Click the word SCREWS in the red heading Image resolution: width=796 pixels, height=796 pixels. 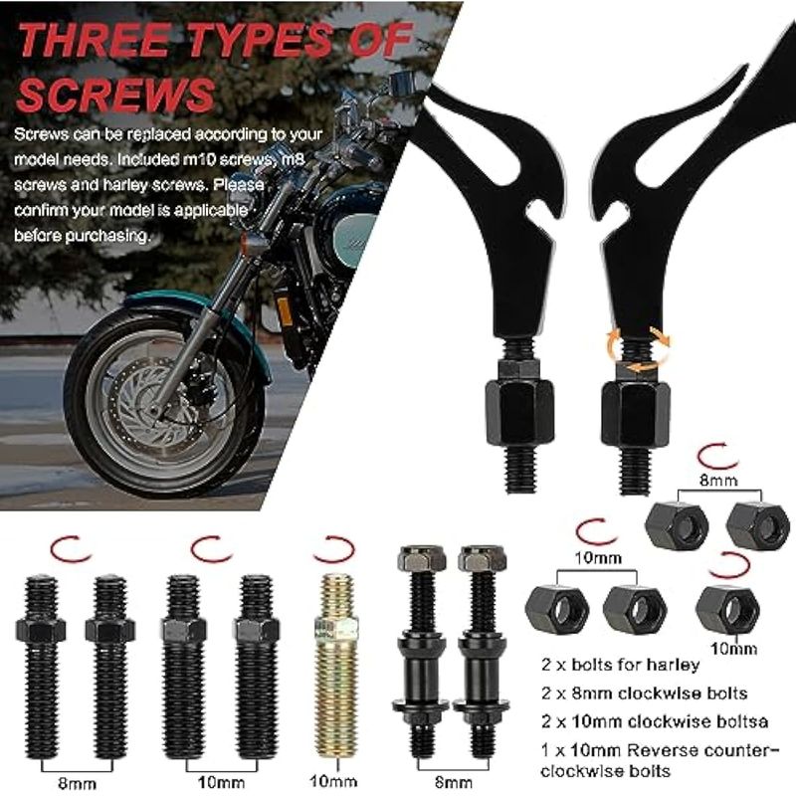[x=115, y=95]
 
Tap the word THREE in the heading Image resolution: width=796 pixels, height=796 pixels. [x=95, y=40]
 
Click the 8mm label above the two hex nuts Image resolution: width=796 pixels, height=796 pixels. [x=718, y=480]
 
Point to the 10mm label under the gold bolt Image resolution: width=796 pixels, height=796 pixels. [x=333, y=781]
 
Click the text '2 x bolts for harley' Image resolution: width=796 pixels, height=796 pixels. [x=620, y=665]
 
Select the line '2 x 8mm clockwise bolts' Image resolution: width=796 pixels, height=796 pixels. [x=644, y=693]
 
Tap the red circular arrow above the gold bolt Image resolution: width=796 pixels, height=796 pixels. [x=333, y=550]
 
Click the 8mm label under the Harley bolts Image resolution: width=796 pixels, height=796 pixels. [x=454, y=782]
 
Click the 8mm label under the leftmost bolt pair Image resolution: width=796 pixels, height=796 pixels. [x=78, y=783]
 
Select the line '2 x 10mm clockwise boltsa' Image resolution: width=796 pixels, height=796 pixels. [x=655, y=721]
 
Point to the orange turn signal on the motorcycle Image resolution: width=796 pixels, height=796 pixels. [x=254, y=244]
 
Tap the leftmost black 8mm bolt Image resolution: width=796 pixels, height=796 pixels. [x=41, y=667]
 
